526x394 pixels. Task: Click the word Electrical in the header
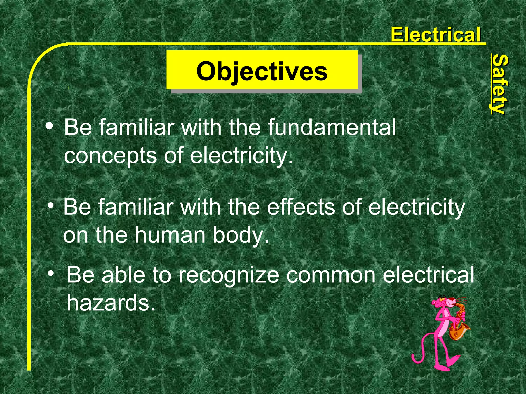point(435,35)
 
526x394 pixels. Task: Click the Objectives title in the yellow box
point(262,71)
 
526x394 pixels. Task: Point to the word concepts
point(110,156)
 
